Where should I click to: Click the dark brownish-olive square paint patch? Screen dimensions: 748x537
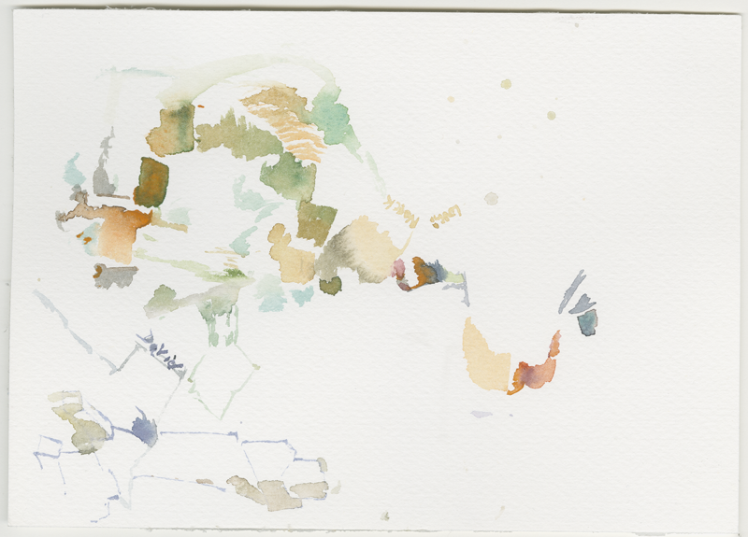[x=150, y=181]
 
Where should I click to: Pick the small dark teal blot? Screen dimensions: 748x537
[x=587, y=322]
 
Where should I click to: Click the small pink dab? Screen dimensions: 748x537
[x=399, y=269]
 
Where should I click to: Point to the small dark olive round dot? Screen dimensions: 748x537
[x=330, y=286]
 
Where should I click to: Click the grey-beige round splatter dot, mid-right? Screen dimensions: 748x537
[x=491, y=198]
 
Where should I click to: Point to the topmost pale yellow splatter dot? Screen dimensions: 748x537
[x=506, y=84]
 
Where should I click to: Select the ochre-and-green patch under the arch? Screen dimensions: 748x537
[x=170, y=131]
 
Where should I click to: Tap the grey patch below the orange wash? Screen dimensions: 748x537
[x=115, y=276]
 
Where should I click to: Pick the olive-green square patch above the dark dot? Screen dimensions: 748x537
[x=316, y=222]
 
